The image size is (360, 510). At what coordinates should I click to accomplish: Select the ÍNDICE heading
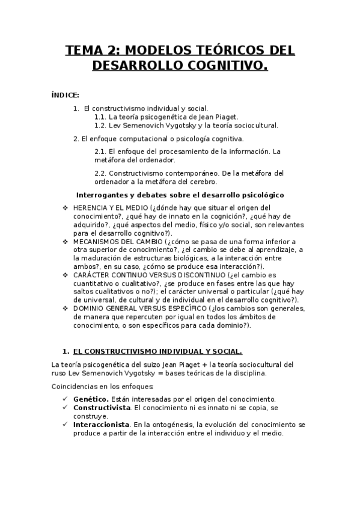[65, 94]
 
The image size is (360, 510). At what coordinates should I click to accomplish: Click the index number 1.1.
[100, 117]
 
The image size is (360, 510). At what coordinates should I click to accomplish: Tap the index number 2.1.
[100, 151]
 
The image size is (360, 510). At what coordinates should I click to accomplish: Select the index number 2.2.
[100, 173]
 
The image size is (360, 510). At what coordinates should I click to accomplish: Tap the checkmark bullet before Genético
[65, 399]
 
